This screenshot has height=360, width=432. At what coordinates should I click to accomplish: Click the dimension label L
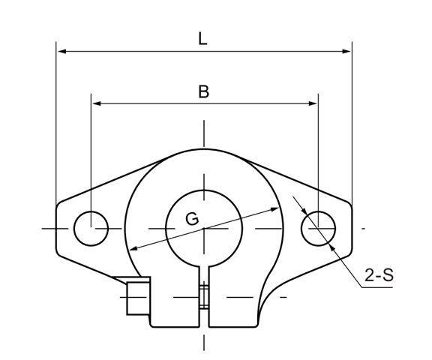tap(203, 39)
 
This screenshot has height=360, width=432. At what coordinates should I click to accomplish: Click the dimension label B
tap(203, 91)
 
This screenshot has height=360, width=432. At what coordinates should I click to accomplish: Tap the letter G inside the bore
tap(192, 218)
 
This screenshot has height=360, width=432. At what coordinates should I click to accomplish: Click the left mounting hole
tap(91, 227)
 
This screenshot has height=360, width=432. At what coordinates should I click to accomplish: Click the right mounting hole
tap(319, 227)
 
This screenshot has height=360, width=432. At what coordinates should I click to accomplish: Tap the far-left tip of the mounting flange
tap(57, 227)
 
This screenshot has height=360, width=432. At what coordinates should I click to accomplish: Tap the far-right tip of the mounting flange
tap(351, 227)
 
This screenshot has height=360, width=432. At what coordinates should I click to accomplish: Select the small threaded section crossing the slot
tap(203, 296)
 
